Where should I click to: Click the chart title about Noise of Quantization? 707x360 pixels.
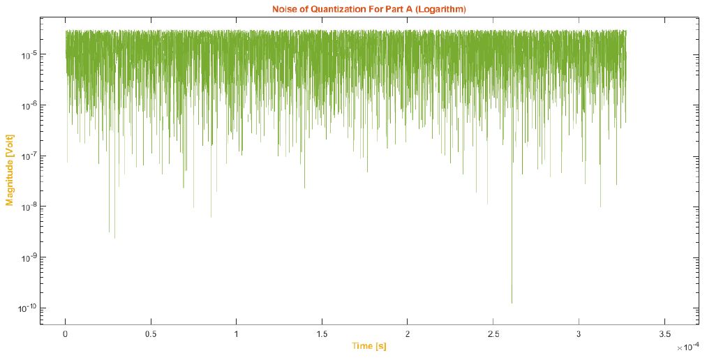click(x=369, y=9)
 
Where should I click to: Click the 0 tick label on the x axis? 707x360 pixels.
click(x=66, y=333)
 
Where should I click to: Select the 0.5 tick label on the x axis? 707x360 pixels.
click(x=151, y=333)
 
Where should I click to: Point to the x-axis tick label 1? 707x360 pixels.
click(x=237, y=333)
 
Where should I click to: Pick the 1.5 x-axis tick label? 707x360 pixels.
click(x=322, y=333)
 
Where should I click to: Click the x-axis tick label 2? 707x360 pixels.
click(x=408, y=333)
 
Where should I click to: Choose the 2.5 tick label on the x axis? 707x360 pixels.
click(x=493, y=333)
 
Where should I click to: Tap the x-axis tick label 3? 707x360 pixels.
click(x=579, y=333)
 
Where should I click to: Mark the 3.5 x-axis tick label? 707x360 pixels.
click(x=664, y=333)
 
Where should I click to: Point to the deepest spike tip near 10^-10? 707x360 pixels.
click(x=512, y=302)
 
